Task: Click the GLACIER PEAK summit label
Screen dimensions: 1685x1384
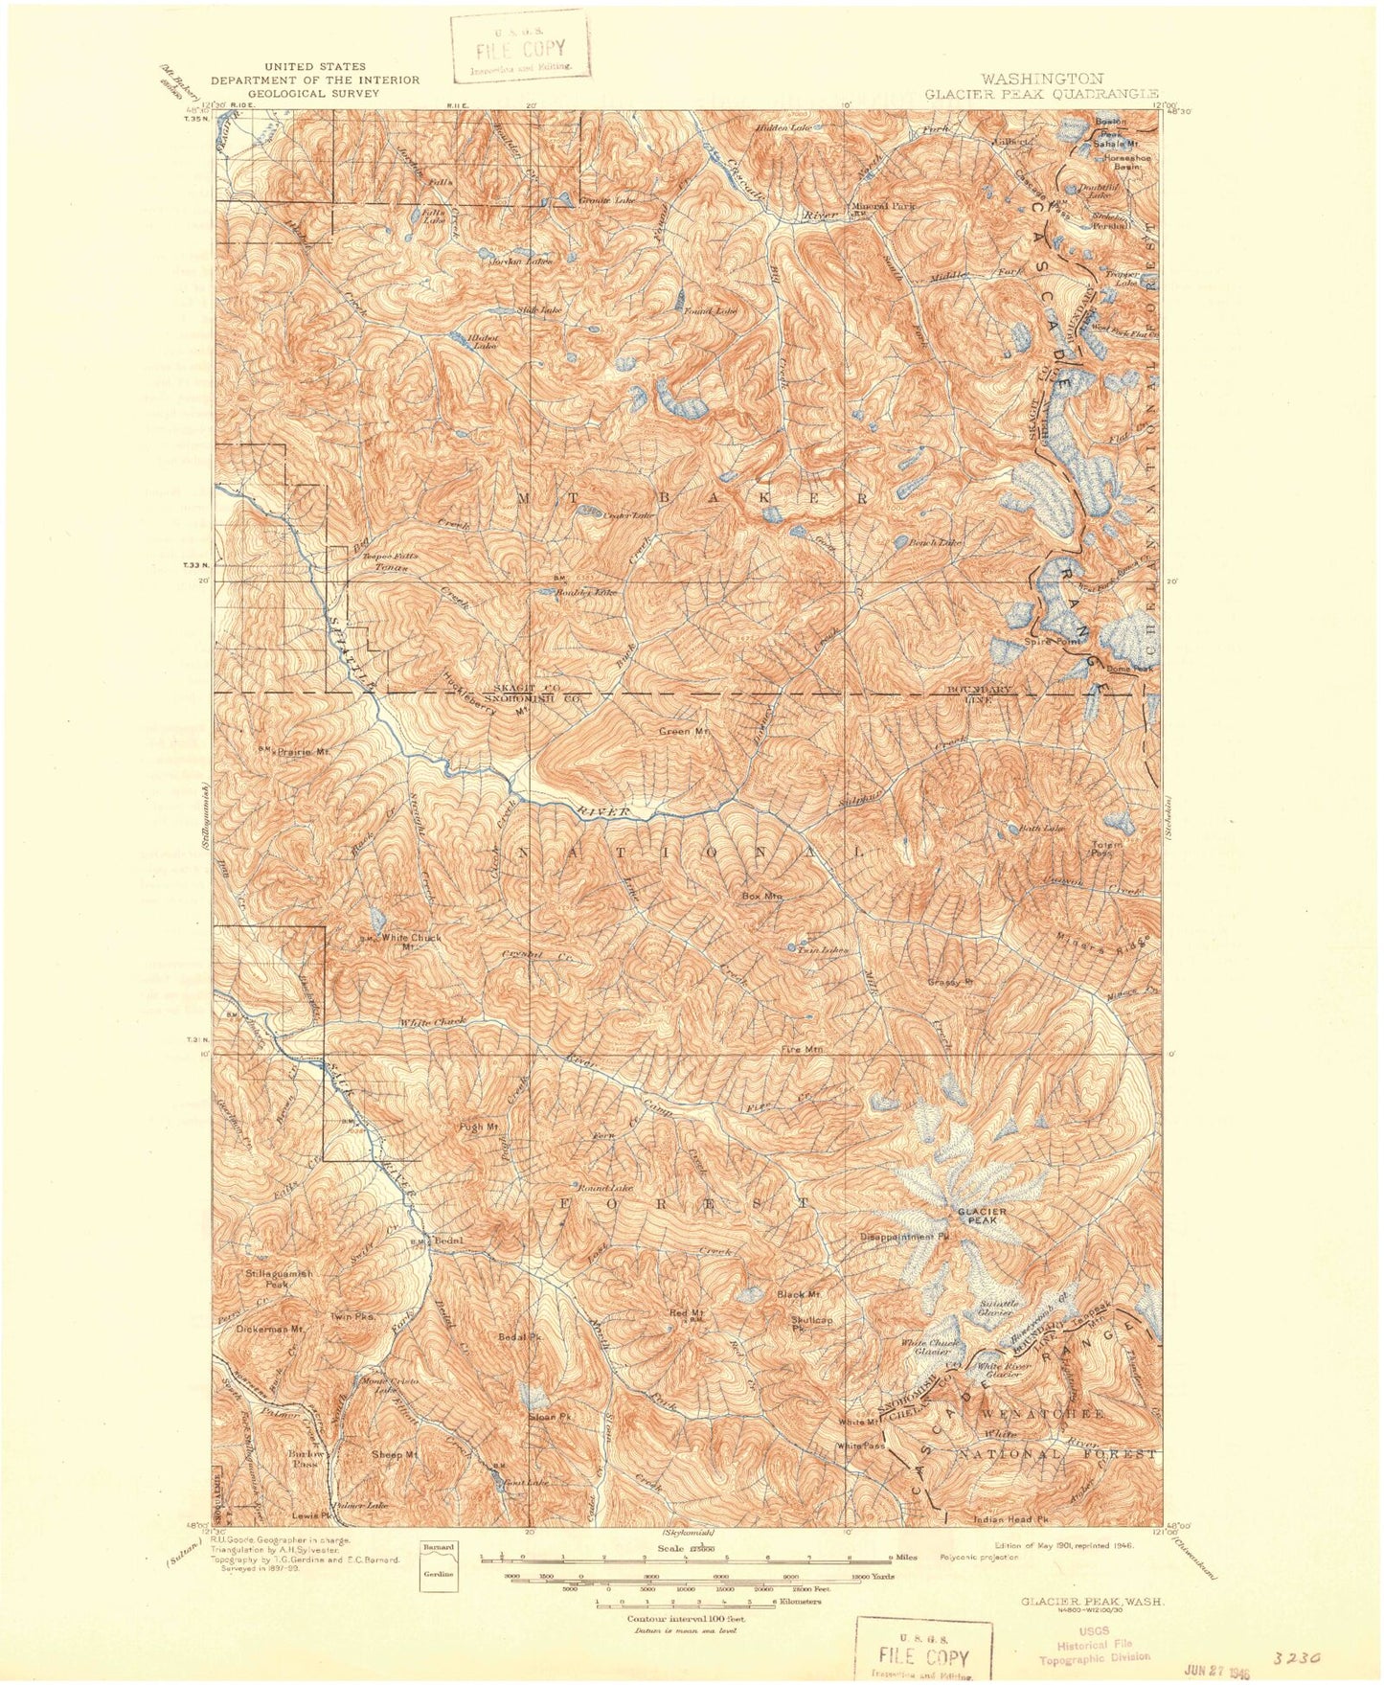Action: [982, 1217]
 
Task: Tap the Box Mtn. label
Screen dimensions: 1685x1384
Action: [762, 897]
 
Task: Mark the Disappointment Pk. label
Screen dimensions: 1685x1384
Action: [910, 1237]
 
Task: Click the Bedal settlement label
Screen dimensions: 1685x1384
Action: [448, 1241]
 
